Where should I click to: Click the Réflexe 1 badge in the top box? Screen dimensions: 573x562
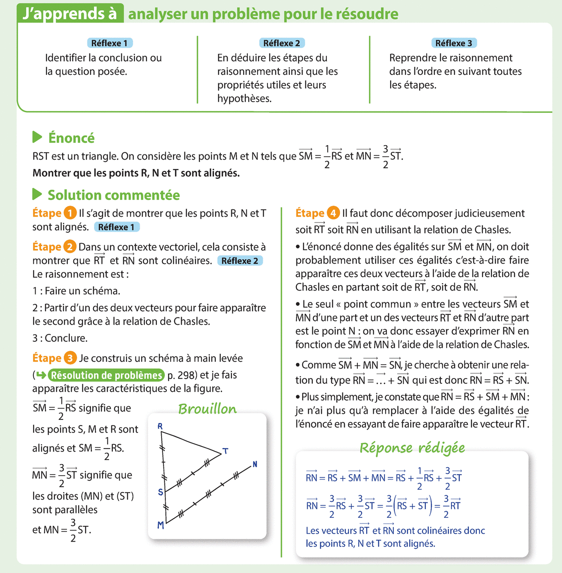pos(110,43)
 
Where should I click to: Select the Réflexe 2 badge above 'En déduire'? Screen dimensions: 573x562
pos(281,43)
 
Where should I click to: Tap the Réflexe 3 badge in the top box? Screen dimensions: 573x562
pos(453,43)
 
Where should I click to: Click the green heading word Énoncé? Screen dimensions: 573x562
pos(71,138)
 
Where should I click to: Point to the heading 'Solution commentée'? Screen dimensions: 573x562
pos(114,195)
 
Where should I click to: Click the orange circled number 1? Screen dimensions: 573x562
pos(70,213)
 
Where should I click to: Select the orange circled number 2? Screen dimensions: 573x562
pos(70,247)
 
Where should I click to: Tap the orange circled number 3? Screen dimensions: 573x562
pos(70,358)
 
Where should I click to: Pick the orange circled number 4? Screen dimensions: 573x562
pos(333,213)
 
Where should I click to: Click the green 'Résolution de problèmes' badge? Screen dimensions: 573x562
pos(107,375)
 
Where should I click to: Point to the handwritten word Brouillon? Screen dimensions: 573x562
pos(207,409)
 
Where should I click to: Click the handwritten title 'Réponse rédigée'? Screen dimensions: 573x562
pos(412,448)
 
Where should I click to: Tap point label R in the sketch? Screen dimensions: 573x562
pos(160,426)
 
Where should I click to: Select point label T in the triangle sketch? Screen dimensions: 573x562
pos(225,451)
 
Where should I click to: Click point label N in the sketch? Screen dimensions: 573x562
pos(255,464)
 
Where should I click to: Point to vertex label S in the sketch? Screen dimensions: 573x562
pos(160,492)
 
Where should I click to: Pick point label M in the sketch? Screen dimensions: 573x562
pos(160,525)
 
